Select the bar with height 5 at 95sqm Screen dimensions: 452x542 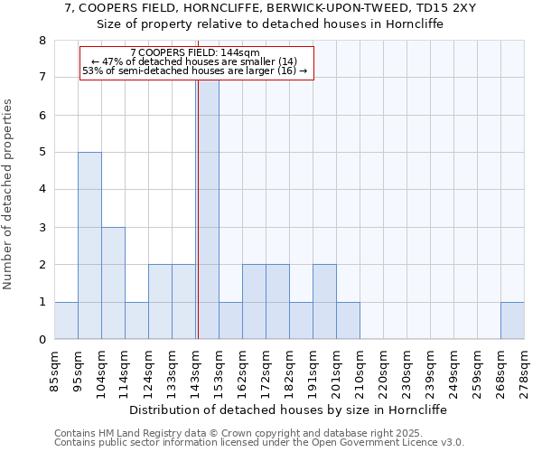coord(89,246)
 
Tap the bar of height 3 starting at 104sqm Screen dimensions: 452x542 coord(113,283)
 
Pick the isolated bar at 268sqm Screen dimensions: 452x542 coord(512,320)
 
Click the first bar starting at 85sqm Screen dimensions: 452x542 coord(66,320)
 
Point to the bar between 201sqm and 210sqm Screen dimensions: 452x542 coord(348,320)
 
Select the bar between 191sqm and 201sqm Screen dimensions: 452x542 coord(324,302)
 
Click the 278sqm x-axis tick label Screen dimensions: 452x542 coord(524,372)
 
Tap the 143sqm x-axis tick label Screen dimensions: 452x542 coord(195,372)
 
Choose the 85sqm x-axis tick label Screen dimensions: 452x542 coord(54,372)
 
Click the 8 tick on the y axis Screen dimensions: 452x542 coord(42,41)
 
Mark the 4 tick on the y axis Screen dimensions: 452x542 coord(42,190)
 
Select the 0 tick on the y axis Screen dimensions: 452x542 coord(42,340)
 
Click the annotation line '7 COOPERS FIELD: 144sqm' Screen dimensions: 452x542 coord(195,52)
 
